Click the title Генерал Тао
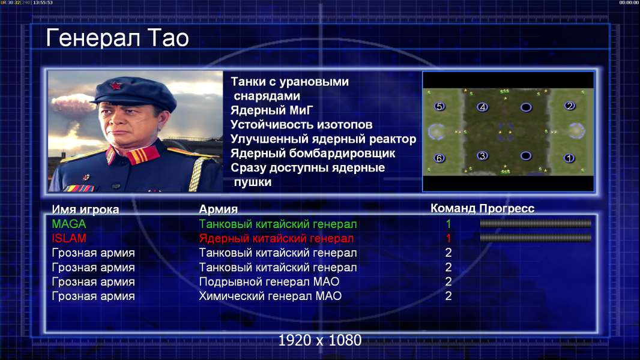click(x=117, y=38)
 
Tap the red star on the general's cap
click(x=115, y=86)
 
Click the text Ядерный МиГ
click(x=271, y=110)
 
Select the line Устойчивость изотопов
click(x=301, y=124)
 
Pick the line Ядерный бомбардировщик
click(x=313, y=154)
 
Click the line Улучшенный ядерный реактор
click(x=323, y=139)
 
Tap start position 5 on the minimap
click(x=439, y=106)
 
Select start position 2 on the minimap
click(x=569, y=106)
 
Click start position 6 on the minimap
click(x=439, y=158)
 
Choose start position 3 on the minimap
click(x=483, y=156)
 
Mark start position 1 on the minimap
click(x=569, y=158)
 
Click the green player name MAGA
click(x=69, y=224)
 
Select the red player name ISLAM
click(x=69, y=238)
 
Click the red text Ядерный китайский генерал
click(x=276, y=239)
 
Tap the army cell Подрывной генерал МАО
click(x=269, y=282)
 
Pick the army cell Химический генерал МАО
click(x=270, y=296)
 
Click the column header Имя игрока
click(x=85, y=209)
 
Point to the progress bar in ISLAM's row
click(x=536, y=238)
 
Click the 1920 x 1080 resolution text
click(x=320, y=340)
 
